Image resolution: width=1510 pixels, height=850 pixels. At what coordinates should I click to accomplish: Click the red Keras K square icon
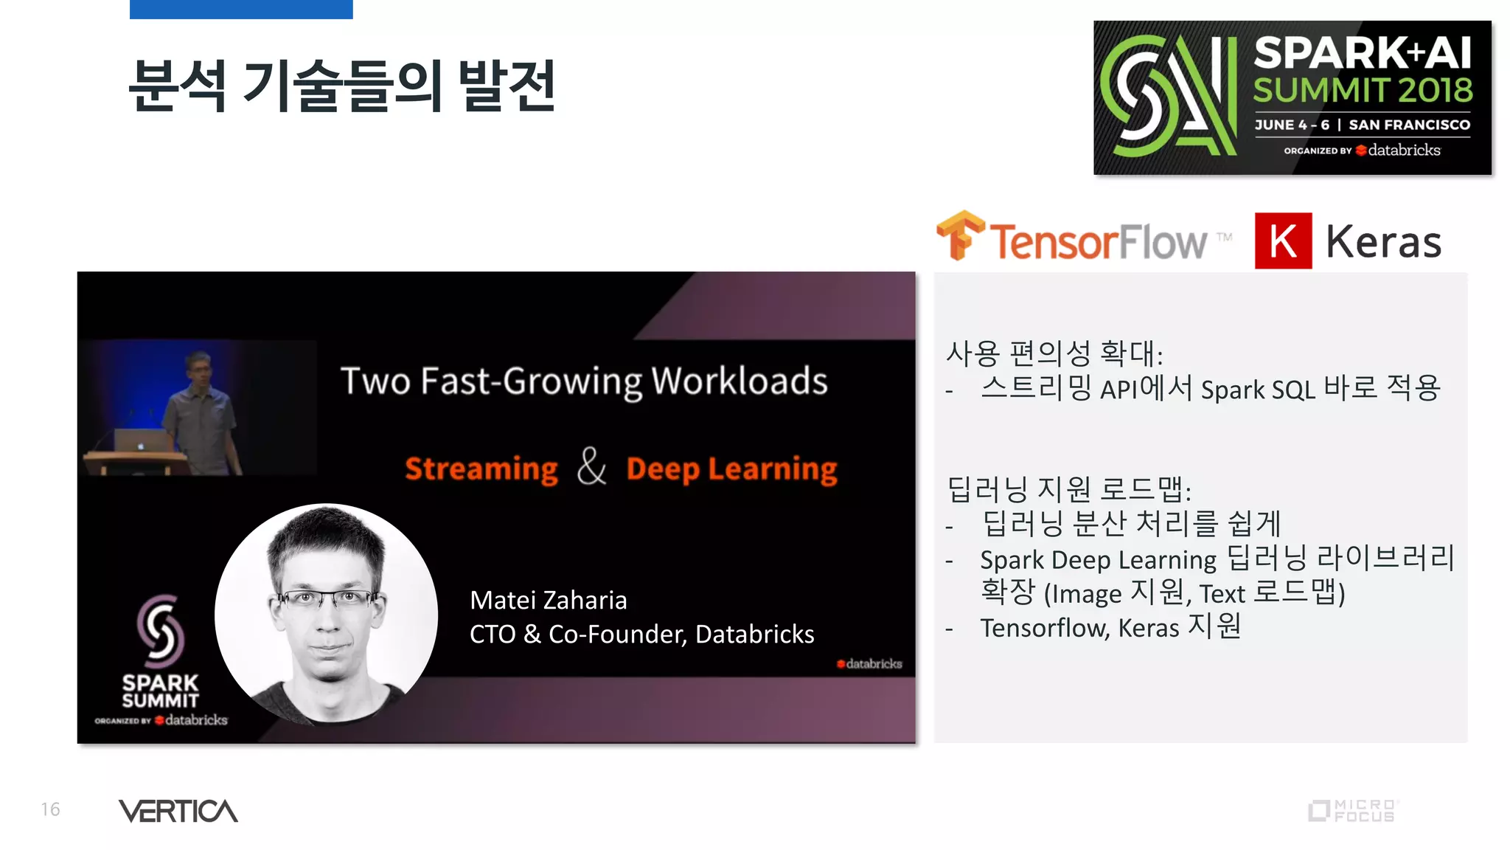tap(1283, 241)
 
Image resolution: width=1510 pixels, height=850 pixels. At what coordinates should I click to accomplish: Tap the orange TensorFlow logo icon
tap(959, 235)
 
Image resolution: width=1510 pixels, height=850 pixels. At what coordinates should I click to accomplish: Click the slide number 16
tap(50, 809)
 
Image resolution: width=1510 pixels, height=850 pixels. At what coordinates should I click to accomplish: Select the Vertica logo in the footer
tap(178, 811)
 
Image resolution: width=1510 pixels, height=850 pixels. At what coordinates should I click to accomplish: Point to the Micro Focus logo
tap(1352, 810)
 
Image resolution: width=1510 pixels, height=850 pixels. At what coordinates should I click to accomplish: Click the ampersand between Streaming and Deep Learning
tap(591, 467)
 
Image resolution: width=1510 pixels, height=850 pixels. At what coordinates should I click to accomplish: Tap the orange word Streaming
tap(481, 469)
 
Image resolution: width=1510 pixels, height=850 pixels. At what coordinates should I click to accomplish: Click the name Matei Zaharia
tap(548, 600)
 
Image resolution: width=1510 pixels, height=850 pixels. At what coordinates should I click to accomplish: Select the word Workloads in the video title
tap(739, 381)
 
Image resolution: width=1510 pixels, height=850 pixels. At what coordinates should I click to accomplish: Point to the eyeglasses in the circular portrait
tap(325, 598)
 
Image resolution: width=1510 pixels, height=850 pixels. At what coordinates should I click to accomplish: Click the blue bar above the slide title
tap(241, 9)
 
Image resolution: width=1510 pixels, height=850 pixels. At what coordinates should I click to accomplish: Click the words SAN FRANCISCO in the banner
tap(1409, 125)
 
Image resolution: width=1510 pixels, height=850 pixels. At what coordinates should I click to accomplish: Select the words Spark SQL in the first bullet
tap(1258, 389)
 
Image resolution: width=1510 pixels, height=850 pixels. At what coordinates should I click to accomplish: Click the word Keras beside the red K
tap(1383, 242)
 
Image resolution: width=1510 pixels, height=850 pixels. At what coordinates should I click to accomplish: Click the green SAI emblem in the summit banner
tap(1168, 96)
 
